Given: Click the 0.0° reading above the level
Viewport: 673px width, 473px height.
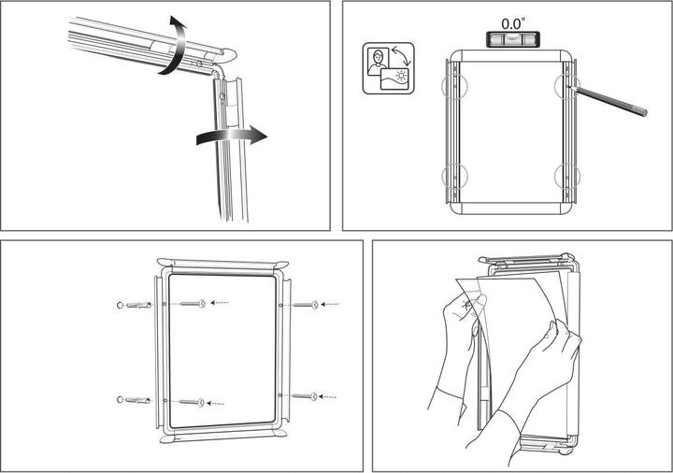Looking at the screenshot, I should pyautogui.click(x=512, y=21).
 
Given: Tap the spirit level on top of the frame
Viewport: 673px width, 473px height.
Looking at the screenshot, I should pyautogui.click(x=512, y=38).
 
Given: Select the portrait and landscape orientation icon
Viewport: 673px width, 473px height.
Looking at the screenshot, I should pyautogui.click(x=390, y=68).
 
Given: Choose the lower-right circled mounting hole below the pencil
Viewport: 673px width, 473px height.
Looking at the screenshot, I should pyautogui.click(x=569, y=175).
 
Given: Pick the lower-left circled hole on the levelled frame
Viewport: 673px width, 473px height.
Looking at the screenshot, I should pyautogui.click(x=453, y=175).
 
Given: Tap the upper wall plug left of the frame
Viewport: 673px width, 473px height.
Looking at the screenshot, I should pyautogui.click(x=137, y=305).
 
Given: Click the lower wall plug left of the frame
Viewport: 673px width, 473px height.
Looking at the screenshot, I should pyautogui.click(x=137, y=400).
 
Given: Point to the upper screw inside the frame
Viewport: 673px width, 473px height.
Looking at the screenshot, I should pyautogui.click(x=192, y=303).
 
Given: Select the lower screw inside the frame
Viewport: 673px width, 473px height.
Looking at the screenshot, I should pyautogui.click(x=192, y=402).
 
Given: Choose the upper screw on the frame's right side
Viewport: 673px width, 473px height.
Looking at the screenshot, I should pyautogui.click(x=307, y=304).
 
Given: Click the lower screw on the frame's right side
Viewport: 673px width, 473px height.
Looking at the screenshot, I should pyautogui.click(x=306, y=396).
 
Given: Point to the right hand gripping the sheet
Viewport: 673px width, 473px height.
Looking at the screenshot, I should pyautogui.click(x=547, y=360).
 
